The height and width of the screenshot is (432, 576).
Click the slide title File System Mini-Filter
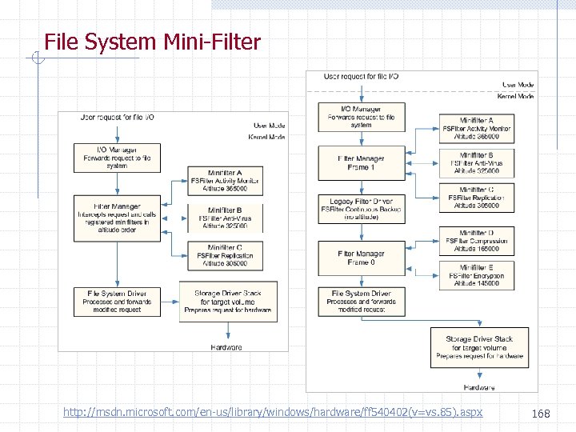click(x=152, y=42)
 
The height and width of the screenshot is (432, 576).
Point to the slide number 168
click(x=541, y=413)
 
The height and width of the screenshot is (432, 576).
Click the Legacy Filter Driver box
click(x=361, y=208)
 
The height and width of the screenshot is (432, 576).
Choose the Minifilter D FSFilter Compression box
click(x=476, y=241)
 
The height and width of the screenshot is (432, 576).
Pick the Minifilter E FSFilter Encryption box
click(x=476, y=275)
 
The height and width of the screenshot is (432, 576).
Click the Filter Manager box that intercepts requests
click(x=118, y=218)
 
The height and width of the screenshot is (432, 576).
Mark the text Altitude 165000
click(x=476, y=249)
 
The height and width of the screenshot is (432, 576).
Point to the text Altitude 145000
click(x=476, y=283)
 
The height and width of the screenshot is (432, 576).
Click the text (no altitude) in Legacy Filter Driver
click(x=361, y=217)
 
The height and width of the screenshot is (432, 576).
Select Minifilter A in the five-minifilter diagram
click(x=476, y=128)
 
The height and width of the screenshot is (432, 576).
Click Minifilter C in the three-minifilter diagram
click(x=225, y=255)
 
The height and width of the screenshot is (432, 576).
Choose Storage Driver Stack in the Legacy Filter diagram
click(x=480, y=347)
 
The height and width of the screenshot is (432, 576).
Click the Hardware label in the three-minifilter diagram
click(x=226, y=347)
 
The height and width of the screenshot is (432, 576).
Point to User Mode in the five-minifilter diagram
click(x=518, y=84)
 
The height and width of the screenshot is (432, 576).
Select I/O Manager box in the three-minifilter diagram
click(x=117, y=158)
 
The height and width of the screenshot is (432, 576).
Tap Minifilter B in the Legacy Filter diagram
click(x=476, y=162)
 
